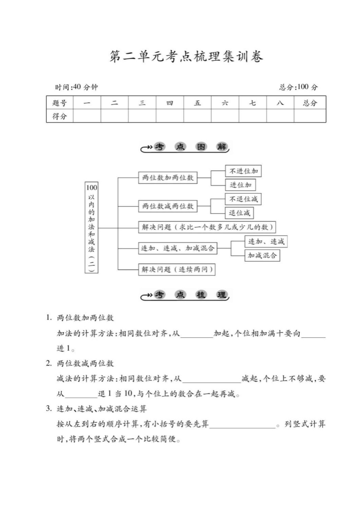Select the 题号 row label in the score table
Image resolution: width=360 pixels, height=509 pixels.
point(59,103)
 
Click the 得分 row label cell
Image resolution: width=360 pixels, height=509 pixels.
point(59,116)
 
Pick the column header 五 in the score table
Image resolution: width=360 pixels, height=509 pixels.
point(197,103)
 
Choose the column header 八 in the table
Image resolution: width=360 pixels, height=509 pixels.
point(280,103)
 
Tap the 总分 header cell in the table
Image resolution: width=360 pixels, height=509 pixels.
point(310,103)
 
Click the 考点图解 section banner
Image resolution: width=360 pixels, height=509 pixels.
point(185,147)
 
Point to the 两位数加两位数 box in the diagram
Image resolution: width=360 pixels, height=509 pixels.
point(167,178)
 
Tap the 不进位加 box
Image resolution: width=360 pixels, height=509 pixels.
point(243,171)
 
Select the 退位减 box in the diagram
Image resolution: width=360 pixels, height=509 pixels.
point(239,213)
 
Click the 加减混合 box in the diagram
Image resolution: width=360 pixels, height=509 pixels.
point(262,255)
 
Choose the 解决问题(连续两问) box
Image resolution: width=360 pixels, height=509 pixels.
point(176,269)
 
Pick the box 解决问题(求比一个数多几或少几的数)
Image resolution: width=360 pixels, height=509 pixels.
point(207,227)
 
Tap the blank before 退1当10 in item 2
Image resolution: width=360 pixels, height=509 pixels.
point(81,395)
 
